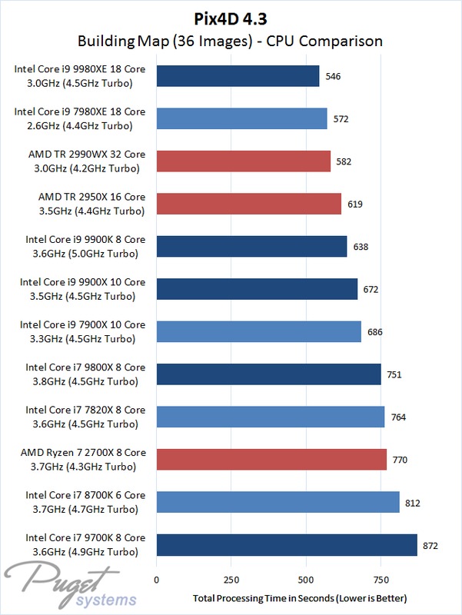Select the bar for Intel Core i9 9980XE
click(x=238, y=76)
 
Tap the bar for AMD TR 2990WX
click(x=243, y=161)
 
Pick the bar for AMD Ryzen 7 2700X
click(x=271, y=460)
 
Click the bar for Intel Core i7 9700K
click(x=287, y=545)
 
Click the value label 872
click(x=431, y=545)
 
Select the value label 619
click(x=355, y=204)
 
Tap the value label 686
click(x=375, y=332)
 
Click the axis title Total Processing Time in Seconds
click(x=301, y=598)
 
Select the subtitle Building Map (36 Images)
click(x=231, y=40)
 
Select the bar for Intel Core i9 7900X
click(x=258, y=332)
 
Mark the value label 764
click(x=399, y=417)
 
